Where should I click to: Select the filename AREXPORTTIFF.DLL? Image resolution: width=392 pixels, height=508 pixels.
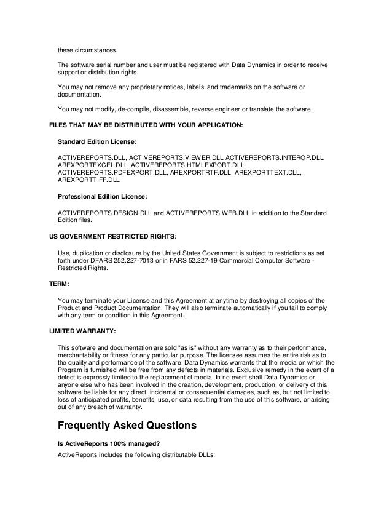pyautogui.click(x=89, y=181)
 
